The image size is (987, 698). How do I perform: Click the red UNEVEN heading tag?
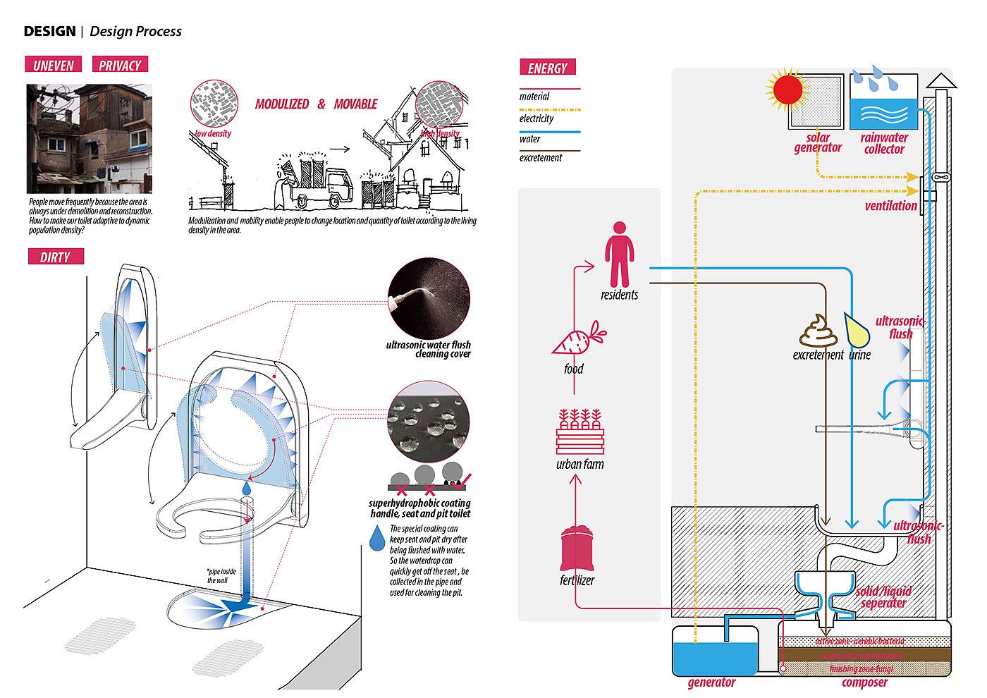point(53,65)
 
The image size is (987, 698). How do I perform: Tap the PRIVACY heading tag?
point(120,65)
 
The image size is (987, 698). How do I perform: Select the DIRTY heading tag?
point(55,257)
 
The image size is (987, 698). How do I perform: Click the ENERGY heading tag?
point(548,68)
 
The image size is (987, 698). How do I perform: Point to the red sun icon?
point(787,90)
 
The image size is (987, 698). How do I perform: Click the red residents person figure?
point(619,255)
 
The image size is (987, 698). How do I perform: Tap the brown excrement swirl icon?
point(818,331)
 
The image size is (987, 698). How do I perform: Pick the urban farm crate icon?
point(580,431)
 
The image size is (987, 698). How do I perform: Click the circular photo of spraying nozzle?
point(429,298)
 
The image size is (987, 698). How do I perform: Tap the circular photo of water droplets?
point(429,422)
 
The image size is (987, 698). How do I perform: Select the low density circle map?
point(214,104)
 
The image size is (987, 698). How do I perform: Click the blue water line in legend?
point(549,132)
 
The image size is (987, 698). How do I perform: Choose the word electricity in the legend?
point(537,118)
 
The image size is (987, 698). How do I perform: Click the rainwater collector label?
point(884,143)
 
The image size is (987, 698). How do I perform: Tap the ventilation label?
point(890,206)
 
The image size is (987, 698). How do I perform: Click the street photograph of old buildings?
point(90,139)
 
